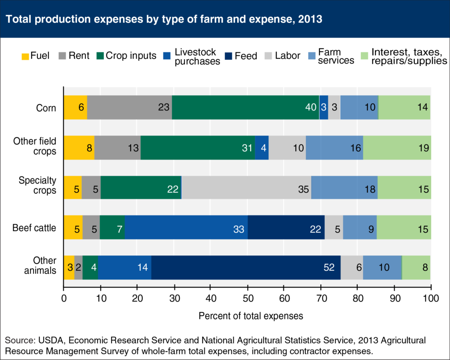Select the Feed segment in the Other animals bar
[x=246, y=267]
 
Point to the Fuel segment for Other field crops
[x=79, y=147]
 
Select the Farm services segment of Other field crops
[x=334, y=147]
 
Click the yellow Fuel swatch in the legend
[x=25, y=56]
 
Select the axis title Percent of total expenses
[x=251, y=316]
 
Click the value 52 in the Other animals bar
[x=329, y=267]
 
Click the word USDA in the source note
[x=47, y=341]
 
